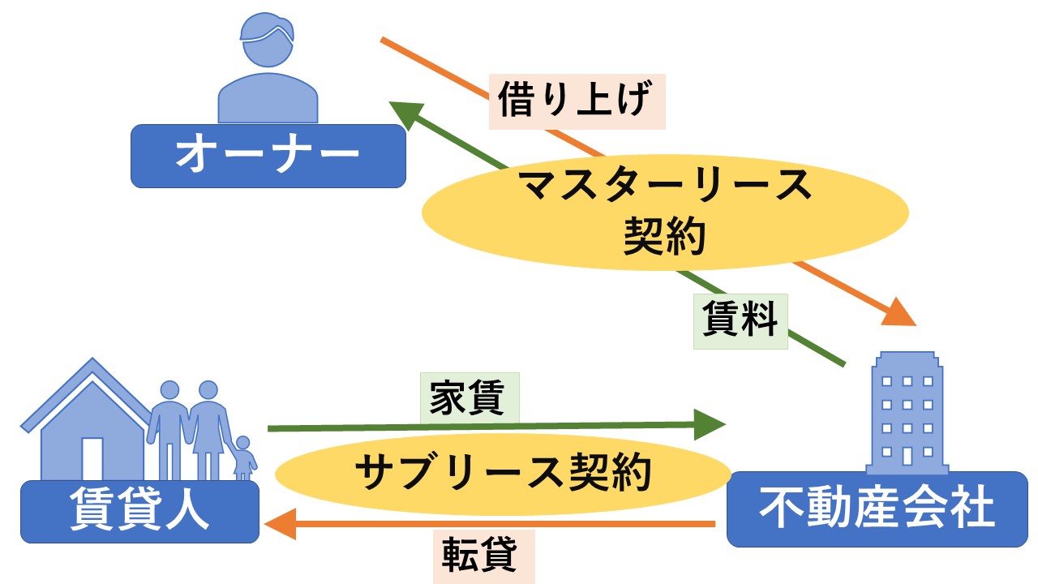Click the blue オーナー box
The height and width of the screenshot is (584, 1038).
(x=268, y=156)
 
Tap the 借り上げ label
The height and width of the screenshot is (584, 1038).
(x=577, y=101)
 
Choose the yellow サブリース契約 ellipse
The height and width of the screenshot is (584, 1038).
(x=503, y=473)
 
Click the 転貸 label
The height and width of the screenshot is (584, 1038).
(x=484, y=556)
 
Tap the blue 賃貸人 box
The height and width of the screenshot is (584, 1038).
(x=139, y=512)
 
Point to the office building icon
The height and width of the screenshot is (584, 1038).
(x=907, y=414)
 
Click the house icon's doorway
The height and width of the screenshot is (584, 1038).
(x=92, y=458)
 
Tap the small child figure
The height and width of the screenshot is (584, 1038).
(x=244, y=459)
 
